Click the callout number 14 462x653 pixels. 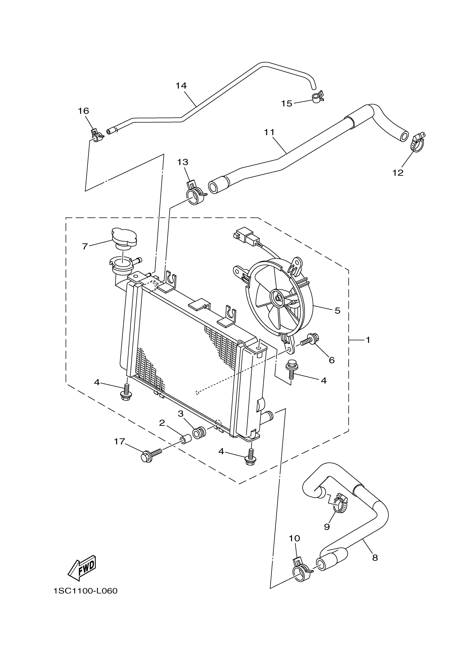[181, 86]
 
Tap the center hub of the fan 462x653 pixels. [277, 298]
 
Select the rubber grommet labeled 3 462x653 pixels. [199, 433]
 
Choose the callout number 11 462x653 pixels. [269, 132]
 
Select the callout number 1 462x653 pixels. [368, 340]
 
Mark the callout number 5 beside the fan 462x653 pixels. [337, 310]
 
